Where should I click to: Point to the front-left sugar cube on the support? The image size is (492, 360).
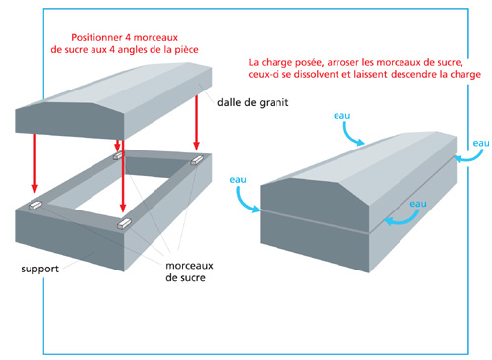35,206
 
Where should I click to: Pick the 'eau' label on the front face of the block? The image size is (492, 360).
418,204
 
